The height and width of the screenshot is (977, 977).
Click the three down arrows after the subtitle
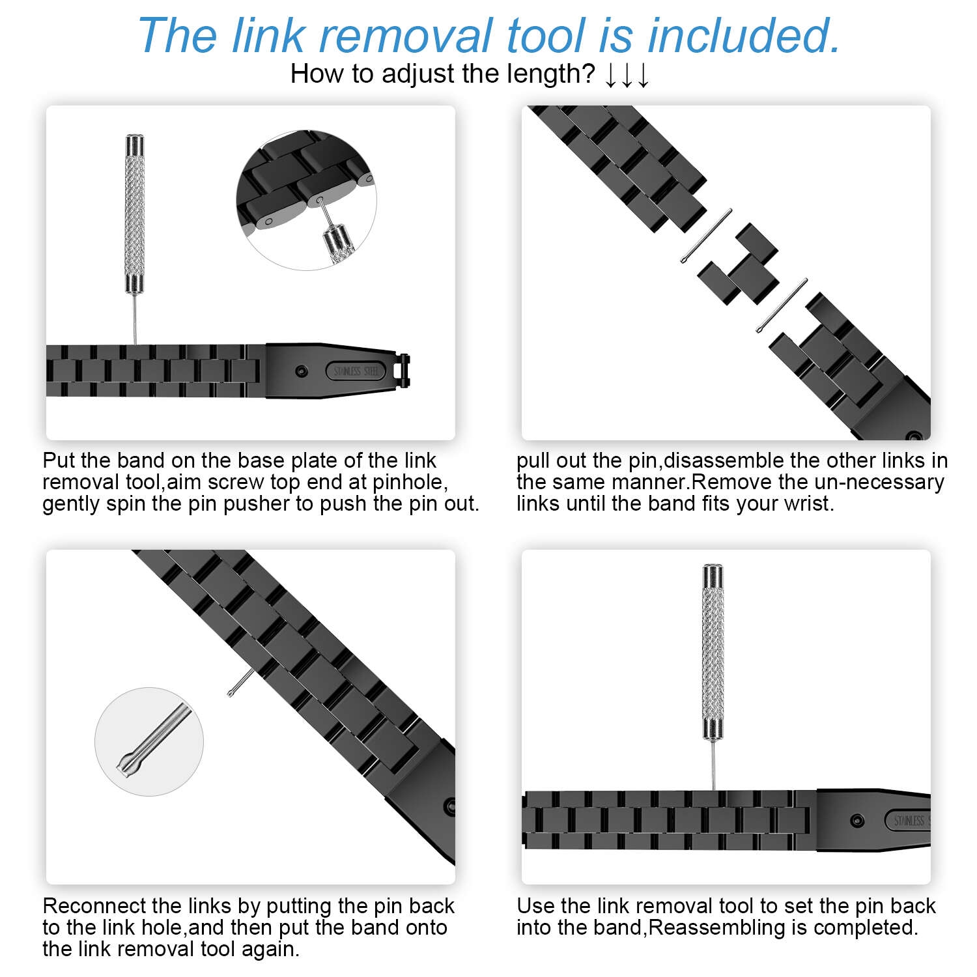627,76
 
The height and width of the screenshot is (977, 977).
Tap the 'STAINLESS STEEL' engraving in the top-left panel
356,371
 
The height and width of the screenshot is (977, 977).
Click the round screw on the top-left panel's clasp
300,371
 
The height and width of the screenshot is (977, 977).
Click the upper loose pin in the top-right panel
706,236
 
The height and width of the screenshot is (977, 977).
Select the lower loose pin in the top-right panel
782,306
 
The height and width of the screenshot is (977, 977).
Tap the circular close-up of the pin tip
149,741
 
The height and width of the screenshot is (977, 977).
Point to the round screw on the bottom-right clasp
857,821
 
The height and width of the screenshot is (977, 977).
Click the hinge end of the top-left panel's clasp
404,371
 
